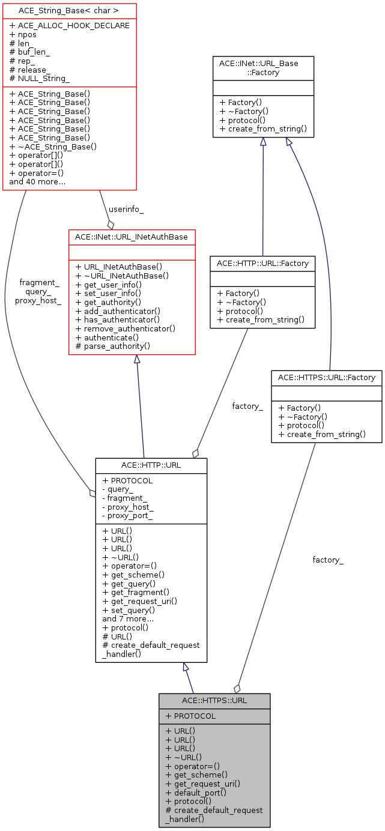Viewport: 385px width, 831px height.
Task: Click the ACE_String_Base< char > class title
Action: tap(69, 10)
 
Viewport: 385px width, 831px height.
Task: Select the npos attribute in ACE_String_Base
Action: tap(27, 34)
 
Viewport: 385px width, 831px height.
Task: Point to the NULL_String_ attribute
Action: tap(40, 78)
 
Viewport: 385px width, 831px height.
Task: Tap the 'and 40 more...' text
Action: tap(37, 181)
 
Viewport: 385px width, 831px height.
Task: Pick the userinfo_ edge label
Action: tap(126, 210)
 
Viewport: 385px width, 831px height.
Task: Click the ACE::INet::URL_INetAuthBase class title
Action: tap(132, 237)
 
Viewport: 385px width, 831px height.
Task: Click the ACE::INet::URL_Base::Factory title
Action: tap(263, 68)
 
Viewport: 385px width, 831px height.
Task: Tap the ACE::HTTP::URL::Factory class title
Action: tap(262, 263)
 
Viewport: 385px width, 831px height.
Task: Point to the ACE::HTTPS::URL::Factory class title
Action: tap(326, 378)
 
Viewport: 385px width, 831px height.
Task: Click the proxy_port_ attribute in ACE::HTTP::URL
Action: tap(128, 516)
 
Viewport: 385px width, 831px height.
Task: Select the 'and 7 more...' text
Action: tap(128, 618)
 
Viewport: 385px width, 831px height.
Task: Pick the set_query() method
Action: tap(129, 610)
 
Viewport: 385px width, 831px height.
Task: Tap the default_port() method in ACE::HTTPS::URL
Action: tap(196, 793)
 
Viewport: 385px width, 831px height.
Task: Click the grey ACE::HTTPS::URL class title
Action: tap(214, 701)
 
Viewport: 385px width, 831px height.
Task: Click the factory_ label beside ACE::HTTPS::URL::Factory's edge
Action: tap(328, 560)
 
